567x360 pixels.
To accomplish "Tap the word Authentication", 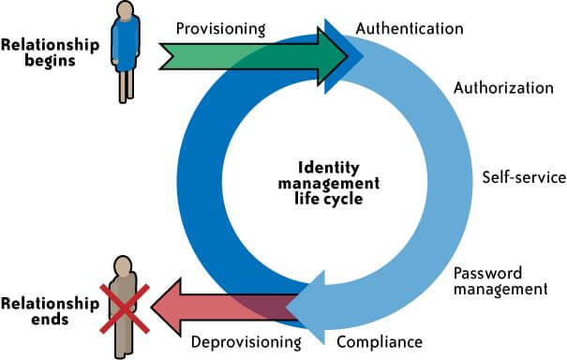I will click(410, 28).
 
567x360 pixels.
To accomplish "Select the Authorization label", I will click(503, 89).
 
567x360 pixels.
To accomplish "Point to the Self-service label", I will click(524, 176).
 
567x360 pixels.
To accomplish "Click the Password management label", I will click(500, 281).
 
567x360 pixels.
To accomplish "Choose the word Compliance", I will click(379, 341).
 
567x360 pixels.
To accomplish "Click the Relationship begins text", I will click(51, 52).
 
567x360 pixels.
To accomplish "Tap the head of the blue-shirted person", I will click(125, 10).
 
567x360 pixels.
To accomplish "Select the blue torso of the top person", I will click(125, 43).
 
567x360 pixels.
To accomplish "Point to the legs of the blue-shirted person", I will click(125, 86).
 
